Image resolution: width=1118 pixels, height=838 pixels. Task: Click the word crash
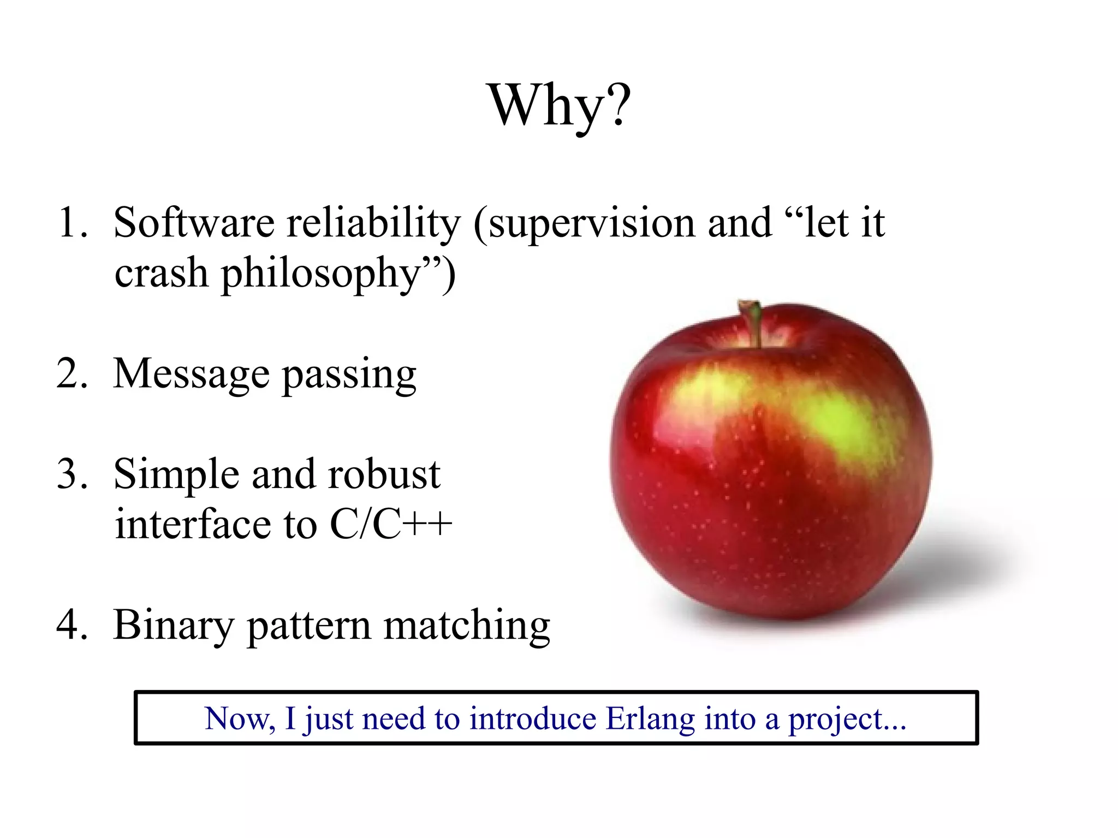point(161,273)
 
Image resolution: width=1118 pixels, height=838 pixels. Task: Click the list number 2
point(72,374)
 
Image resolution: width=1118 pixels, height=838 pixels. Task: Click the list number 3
point(72,474)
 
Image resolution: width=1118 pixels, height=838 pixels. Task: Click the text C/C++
point(391,525)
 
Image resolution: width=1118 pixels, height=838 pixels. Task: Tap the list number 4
point(72,625)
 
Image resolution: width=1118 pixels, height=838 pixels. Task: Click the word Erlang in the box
point(650,719)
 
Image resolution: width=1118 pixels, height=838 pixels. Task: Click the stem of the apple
point(753,322)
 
